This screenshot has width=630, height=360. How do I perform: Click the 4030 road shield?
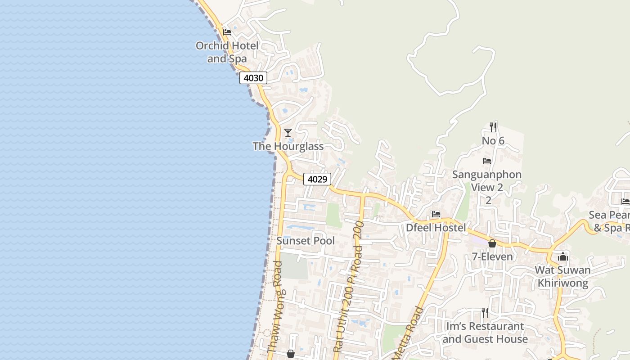coord(253,78)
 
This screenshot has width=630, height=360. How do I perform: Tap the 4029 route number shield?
coord(317,179)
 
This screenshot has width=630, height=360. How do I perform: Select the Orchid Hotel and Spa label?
coord(227,52)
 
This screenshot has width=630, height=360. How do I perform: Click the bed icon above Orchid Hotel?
coord(227,32)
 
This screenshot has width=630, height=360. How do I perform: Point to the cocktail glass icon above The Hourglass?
coord(288,132)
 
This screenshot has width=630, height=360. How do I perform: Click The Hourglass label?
coord(288,146)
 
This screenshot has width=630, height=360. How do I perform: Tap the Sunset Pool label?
coord(306,241)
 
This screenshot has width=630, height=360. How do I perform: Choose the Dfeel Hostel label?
coord(436,228)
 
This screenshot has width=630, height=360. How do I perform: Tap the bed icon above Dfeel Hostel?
coord(436,214)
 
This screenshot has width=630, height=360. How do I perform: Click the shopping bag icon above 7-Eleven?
coord(492,243)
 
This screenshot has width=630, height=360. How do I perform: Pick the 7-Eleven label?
coord(492,256)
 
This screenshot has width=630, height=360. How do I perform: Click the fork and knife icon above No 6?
coord(493,127)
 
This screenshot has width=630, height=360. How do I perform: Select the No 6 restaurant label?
coord(493,141)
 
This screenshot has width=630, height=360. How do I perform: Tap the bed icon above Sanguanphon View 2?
coord(487,161)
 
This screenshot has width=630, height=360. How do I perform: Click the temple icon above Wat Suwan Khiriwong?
coord(563,257)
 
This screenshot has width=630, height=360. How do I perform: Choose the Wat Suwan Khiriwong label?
coord(563,276)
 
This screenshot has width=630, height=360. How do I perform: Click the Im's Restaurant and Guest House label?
coord(485,332)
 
